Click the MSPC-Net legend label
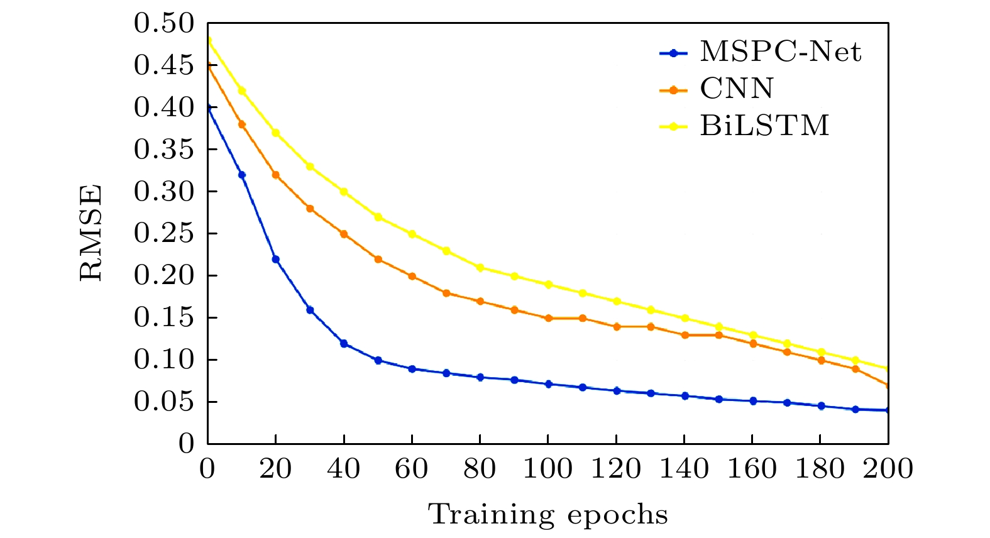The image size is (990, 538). (x=780, y=52)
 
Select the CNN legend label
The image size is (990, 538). (x=737, y=89)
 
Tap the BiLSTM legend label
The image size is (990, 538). (x=764, y=125)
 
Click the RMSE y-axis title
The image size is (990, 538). (x=92, y=233)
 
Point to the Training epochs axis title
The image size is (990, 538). (x=547, y=515)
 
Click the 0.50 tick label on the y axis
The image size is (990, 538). (x=164, y=24)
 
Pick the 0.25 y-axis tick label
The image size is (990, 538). (x=164, y=234)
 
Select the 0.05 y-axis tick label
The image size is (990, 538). (x=164, y=402)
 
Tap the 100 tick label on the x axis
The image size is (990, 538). (x=547, y=469)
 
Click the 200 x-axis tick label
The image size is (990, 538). (x=888, y=469)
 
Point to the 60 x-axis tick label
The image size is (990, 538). (x=412, y=469)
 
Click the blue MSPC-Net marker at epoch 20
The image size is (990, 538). (x=275, y=259)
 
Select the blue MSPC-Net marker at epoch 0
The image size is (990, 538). (x=208, y=107)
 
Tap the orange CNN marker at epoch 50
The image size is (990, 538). (x=378, y=259)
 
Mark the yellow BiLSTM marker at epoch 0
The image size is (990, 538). (x=208, y=41)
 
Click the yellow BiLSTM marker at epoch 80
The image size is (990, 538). (x=480, y=268)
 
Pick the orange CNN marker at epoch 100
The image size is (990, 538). (x=548, y=318)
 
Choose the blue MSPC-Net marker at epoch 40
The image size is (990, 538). (x=344, y=343)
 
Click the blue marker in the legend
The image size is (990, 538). (x=674, y=53)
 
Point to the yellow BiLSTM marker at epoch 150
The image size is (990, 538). (x=718, y=326)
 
